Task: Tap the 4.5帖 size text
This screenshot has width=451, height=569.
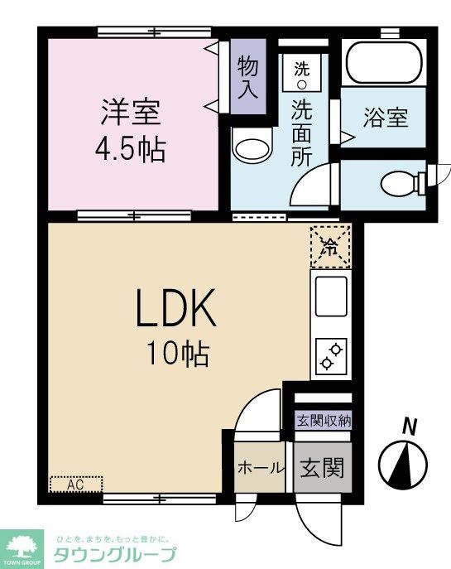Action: click(x=130, y=150)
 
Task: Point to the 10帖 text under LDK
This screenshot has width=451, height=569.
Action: click(x=177, y=354)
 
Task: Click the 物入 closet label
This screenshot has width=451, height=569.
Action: click(x=247, y=77)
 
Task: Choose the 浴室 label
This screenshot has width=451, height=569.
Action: click(x=385, y=118)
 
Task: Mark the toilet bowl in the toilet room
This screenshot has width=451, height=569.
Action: click(x=401, y=181)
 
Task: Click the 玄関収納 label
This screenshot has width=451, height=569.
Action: click(x=324, y=420)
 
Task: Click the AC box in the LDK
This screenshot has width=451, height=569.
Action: click(x=76, y=483)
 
